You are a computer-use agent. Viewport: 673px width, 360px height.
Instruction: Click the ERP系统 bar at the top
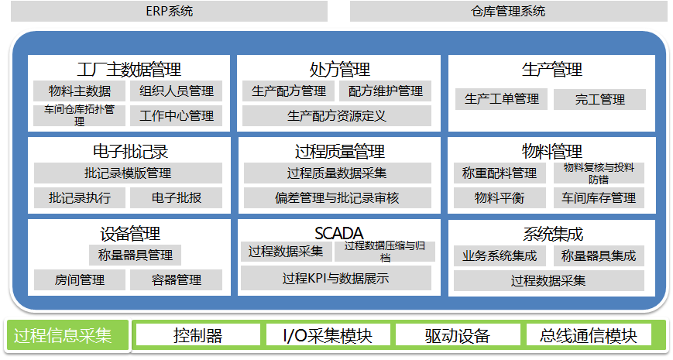pyautogui.click(x=169, y=11)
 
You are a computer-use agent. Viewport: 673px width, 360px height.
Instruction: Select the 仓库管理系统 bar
pyautogui.click(x=509, y=11)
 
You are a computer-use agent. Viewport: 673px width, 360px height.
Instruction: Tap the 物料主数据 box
pyautogui.click(x=80, y=91)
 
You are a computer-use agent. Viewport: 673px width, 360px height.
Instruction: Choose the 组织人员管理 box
pyautogui.click(x=177, y=91)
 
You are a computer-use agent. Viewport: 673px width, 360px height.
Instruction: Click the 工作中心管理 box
pyautogui.click(x=177, y=116)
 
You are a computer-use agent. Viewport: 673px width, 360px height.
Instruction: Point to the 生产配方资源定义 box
pyautogui.click(x=337, y=116)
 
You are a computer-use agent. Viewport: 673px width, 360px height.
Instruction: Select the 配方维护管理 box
pyautogui.click(x=386, y=91)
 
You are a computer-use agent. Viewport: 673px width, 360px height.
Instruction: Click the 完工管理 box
pyautogui.click(x=599, y=100)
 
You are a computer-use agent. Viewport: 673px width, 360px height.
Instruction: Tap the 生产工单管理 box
pyautogui.click(x=501, y=100)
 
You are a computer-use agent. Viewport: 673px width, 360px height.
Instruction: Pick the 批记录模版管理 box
pyautogui.click(x=128, y=173)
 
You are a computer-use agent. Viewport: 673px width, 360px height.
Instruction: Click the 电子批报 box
pyautogui.click(x=177, y=198)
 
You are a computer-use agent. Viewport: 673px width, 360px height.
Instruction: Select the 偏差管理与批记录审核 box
pyautogui.click(x=338, y=198)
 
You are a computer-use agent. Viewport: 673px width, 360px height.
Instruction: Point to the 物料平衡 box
pyautogui.click(x=500, y=198)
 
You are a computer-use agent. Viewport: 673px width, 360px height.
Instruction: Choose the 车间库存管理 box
pyautogui.click(x=599, y=198)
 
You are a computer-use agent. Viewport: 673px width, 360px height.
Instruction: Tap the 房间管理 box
pyautogui.click(x=80, y=280)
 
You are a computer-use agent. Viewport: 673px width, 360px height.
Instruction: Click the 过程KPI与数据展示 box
pyautogui.click(x=336, y=278)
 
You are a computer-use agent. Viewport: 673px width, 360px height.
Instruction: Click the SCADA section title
pyautogui.click(x=339, y=234)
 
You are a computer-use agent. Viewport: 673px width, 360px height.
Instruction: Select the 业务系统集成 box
pyautogui.click(x=500, y=255)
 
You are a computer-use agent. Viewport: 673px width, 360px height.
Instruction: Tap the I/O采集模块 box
pyautogui.click(x=328, y=335)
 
